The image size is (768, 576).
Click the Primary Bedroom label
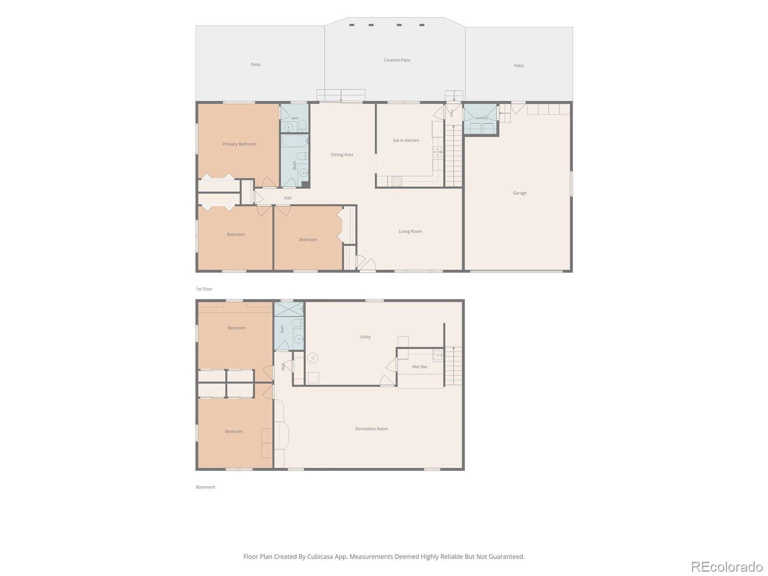pos(240,144)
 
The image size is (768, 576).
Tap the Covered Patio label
pos(397,60)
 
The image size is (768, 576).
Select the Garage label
pos(519,192)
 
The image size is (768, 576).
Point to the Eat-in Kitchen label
pos(406,140)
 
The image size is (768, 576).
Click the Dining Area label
pos(342,155)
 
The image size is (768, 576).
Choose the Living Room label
pos(410,231)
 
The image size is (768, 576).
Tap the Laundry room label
pos(481,118)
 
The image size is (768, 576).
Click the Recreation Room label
pos(372,429)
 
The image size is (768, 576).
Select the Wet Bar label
pos(420,367)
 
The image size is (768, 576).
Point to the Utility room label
pos(365,337)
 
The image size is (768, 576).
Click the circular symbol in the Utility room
pos(312,358)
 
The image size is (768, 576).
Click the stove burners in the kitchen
pos(397,181)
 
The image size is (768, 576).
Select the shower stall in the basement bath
pos(288,309)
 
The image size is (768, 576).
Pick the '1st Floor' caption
pos(204,289)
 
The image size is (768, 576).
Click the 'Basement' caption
pos(205,487)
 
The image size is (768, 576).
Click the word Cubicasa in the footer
pos(320,556)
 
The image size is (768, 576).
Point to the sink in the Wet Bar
pos(438,355)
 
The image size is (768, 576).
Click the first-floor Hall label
pos(287,198)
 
